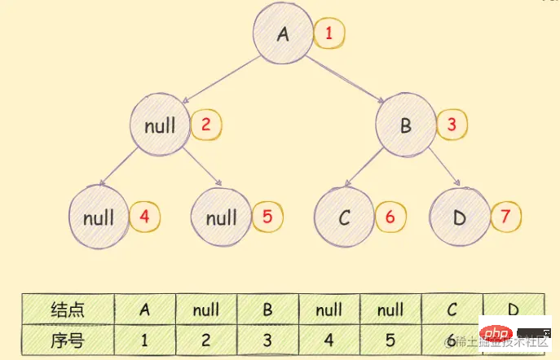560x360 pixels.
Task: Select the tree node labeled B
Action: pos(405,125)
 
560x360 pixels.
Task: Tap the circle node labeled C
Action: pos(343,217)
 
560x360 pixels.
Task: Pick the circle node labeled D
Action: pos(460,217)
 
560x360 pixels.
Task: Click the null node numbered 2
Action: pos(160,125)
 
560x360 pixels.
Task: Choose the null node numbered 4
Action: pos(98,217)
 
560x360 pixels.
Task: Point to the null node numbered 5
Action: pos(221,217)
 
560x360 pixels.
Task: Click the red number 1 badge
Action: pos(329,34)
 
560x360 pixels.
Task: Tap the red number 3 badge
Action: pos(452,125)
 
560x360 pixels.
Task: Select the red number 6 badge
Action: pos(390,217)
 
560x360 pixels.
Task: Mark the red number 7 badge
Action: pos(505,217)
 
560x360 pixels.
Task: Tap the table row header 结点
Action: pos(68,310)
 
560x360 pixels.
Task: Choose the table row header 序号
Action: pos(68,337)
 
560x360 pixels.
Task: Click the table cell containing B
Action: pos(268,310)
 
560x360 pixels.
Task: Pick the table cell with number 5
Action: pos(391,337)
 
